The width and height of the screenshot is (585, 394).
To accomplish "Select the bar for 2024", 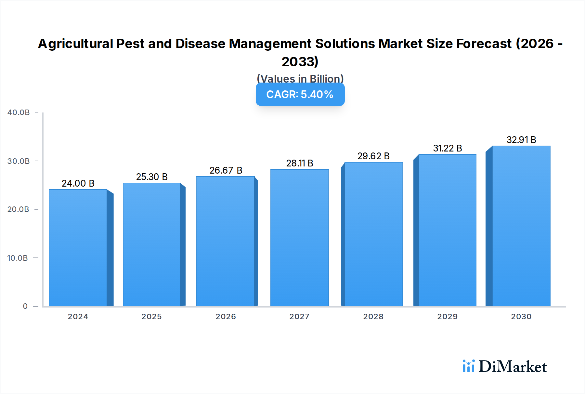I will pos(78,248).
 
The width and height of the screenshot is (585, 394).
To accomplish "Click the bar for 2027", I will pos(299,238).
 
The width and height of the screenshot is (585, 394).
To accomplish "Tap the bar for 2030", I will pos(521,226).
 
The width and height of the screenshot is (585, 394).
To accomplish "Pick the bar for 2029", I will pos(448,230).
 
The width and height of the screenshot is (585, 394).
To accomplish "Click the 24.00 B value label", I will pos(78,183).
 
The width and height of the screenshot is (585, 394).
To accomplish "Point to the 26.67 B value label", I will pos(226,170).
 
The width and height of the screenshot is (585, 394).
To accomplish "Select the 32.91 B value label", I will pos(521,140).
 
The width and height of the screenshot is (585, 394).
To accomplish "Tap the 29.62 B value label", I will pos(373,156).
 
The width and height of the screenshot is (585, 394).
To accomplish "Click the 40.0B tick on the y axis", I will pos(19,112).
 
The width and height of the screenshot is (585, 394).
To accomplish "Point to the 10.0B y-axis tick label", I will pos(18,258).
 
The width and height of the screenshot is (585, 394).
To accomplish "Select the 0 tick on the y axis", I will pos(25,306).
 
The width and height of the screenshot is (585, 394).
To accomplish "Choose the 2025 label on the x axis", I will pos(151,317).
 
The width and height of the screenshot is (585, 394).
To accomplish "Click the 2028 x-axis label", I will pos(373,317).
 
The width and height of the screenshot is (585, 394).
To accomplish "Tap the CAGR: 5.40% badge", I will pos(300,95).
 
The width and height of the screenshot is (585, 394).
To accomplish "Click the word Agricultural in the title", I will pos(75,44).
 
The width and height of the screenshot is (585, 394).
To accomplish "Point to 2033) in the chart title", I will pos(300,62).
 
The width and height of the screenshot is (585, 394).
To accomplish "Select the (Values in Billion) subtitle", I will pos(300,78).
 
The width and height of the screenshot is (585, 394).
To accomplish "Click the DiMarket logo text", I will pos(513,367).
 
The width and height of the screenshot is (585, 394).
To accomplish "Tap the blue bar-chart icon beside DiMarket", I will pos(468,366).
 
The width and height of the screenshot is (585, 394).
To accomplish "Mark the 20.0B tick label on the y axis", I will pos(18,209).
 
